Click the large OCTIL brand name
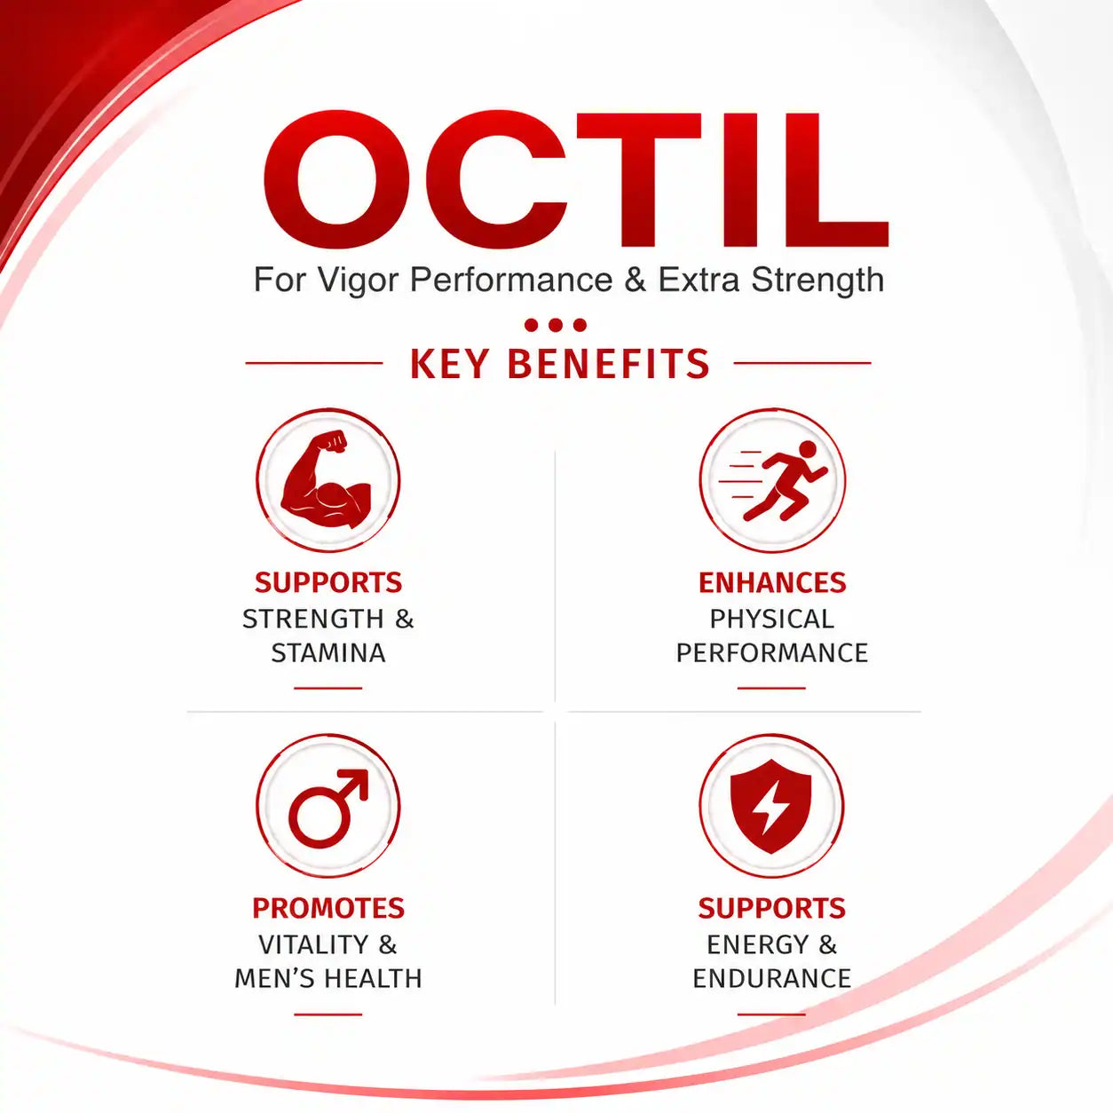[575, 179]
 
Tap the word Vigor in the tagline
[358, 280]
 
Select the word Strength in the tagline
[817, 280]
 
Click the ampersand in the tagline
[635, 280]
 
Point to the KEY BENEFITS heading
[559, 364]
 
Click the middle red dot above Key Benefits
[556, 325]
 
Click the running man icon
[773, 481]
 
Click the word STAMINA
[328, 653]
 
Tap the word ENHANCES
[772, 583]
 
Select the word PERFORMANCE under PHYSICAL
[772, 653]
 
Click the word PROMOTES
[328, 909]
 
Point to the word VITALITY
[312, 945]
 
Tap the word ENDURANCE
[772, 979]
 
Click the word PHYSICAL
[772, 620]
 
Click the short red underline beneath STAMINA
[328, 688]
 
